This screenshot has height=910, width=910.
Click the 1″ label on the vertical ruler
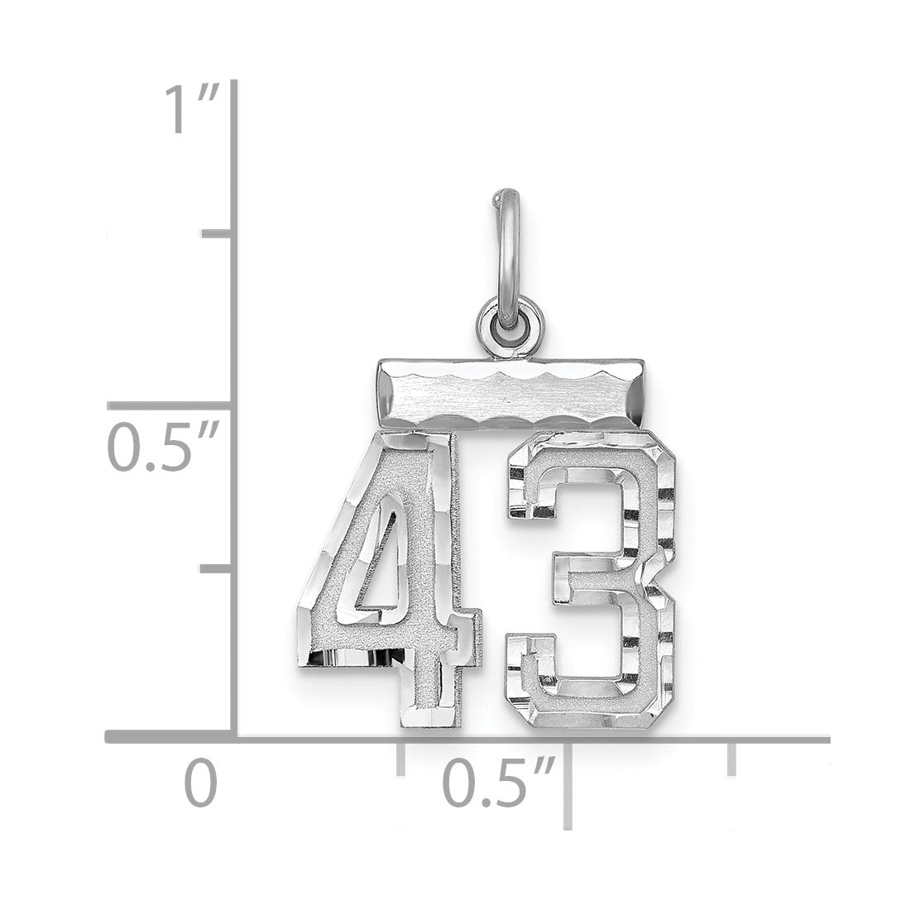pos(192,108)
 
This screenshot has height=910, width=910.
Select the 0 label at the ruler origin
pos(201,783)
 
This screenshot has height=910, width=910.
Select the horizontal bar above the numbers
pos(510,395)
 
